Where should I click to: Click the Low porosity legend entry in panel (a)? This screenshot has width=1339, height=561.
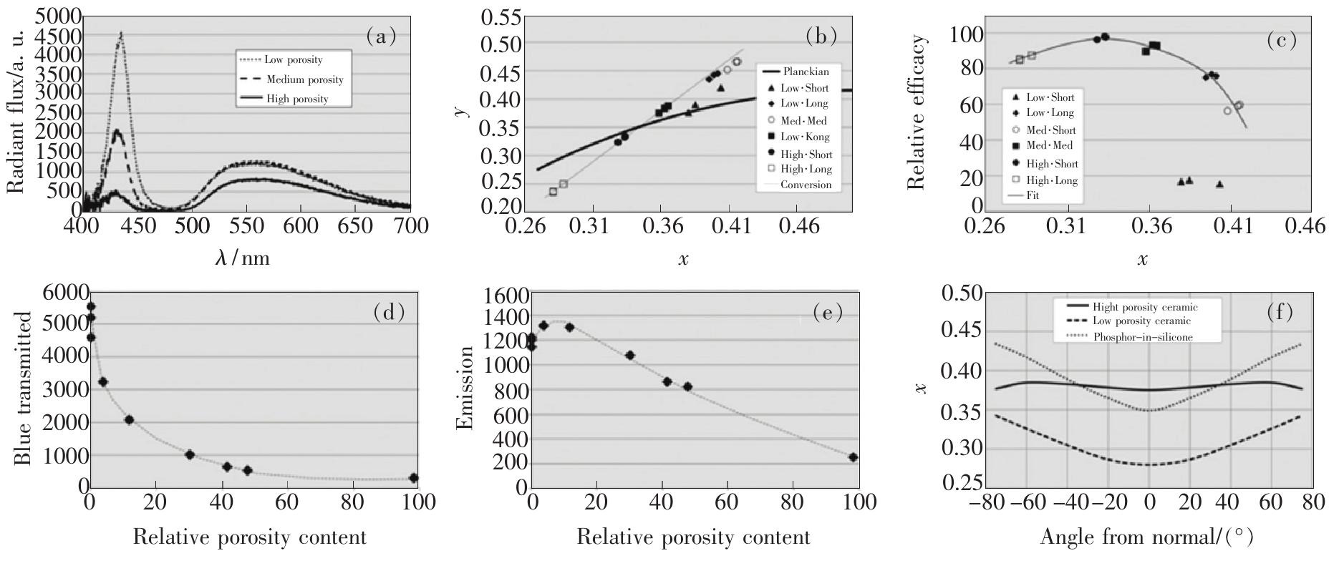pyautogui.click(x=294, y=59)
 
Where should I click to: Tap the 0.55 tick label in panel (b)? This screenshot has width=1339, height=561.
pyautogui.click(x=506, y=16)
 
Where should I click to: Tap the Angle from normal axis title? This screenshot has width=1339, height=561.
pyautogui.click(x=1146, y=537)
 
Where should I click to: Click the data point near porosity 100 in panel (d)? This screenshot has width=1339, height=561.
pyautogui.click(x=413, y=478)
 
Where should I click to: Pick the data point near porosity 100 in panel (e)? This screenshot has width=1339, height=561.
pyautogui.click(x=853, y=457)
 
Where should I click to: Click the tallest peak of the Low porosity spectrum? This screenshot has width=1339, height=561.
pyautogui.click(x=121, y=34)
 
